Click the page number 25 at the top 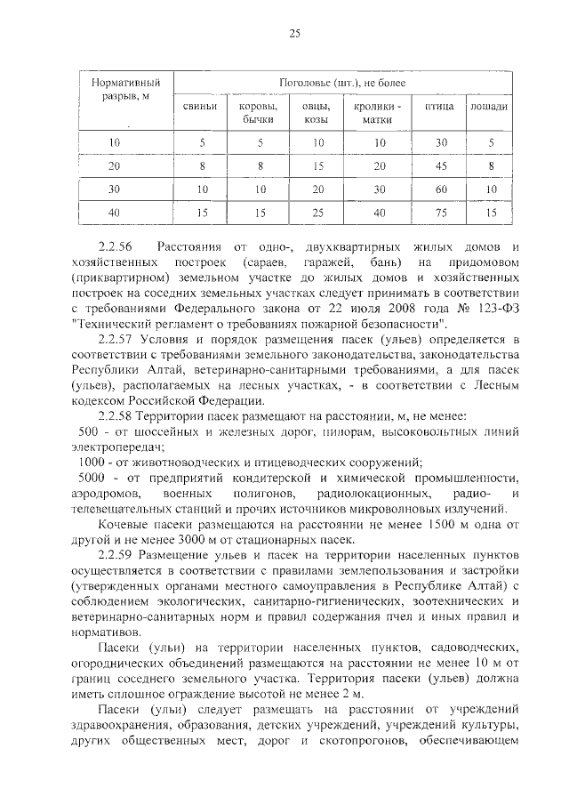pyautogui.click(x=294, y=34)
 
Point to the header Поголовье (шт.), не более pyautogui.click(x=342, y=83)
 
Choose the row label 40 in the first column pyautogui.click(x=115, y=213)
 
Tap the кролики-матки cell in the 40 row pyautogui.click(x=381, y=213)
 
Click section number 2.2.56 pyautogui.click(x=116, y=246)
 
